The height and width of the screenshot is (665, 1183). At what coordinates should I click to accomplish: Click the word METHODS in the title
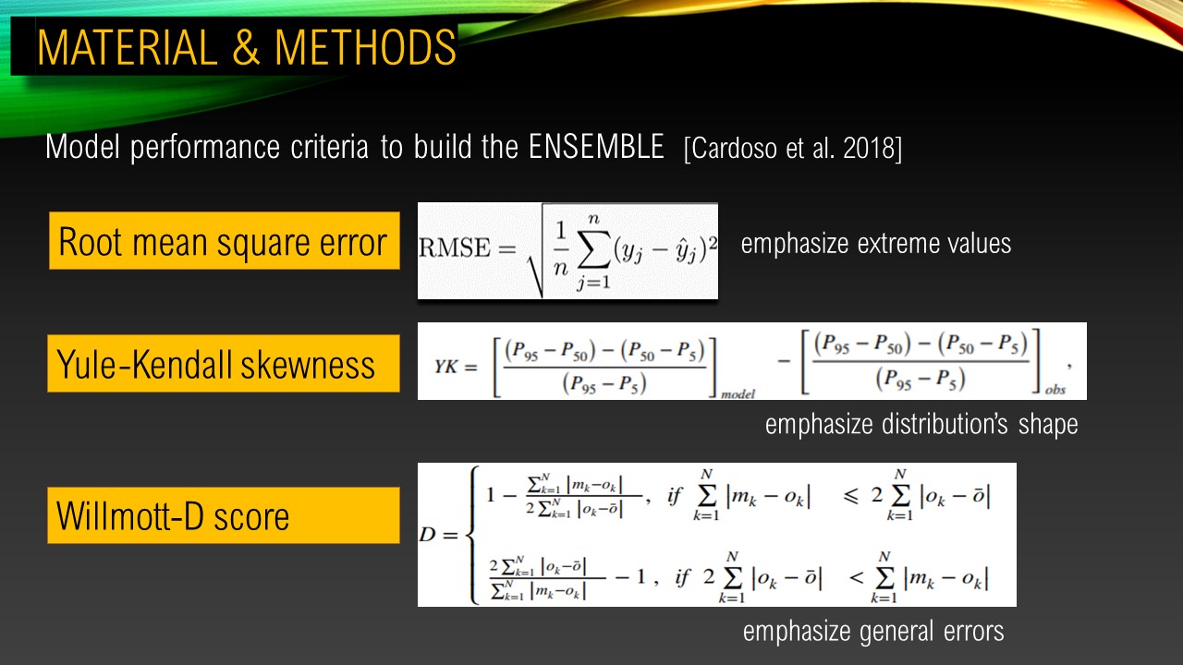click(x=365, y=47)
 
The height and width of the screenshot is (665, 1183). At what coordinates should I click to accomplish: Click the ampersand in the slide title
click(x=246, y=47)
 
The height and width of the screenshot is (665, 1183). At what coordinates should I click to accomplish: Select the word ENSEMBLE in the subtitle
click(x=596, y=146)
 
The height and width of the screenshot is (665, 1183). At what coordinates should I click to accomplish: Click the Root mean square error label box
click(x=224, y=241)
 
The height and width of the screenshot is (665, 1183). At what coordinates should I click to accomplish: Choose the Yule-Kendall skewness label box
click(x=224, y=363)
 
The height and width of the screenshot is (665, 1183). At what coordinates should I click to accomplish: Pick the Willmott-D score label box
click(x=224, y=515)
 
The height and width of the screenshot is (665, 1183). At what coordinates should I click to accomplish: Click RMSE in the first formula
click(x=454, y=248)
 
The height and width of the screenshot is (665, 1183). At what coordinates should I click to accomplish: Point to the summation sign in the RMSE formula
click(x=594, y=253)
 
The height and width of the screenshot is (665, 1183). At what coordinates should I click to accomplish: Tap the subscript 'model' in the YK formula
click(x=738, y=393)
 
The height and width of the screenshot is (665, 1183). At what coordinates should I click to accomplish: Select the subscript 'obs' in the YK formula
click(x=1055, y=390)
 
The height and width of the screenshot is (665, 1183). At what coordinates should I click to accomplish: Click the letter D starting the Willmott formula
click(x=427, y=535)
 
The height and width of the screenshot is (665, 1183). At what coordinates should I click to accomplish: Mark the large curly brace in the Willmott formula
click(x=472, y=535)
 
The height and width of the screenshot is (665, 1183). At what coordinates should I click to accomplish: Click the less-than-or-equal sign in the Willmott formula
click(x=851, y=496)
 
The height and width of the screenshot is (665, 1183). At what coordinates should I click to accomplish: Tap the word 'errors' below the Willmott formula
click(x=973, y=632)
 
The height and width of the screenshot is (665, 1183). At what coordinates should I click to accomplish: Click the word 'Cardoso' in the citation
click(x=735, y=149)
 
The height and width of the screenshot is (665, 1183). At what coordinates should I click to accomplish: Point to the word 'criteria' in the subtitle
click(x=329, y=146)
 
